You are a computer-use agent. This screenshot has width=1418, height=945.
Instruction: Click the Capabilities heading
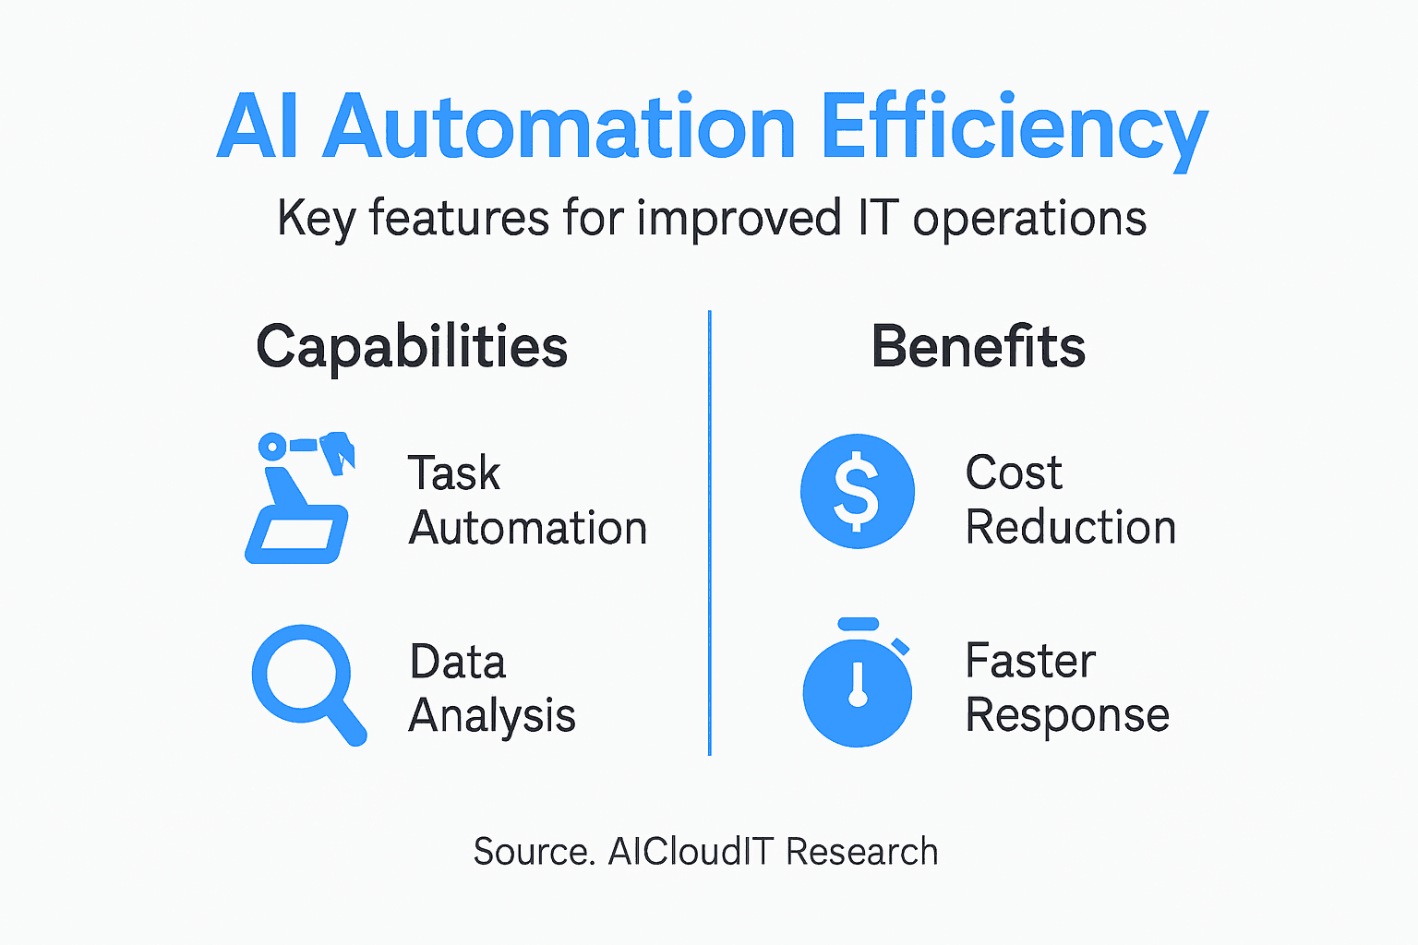[412, 347]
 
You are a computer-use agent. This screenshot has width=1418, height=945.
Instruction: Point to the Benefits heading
[978, 347]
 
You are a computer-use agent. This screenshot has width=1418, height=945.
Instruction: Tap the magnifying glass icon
[307, 684]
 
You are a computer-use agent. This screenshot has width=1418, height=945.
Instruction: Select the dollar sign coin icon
[858, 491]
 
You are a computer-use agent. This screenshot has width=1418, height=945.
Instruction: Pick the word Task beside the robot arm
[454, 473]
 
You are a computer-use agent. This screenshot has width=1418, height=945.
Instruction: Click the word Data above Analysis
[458, 662]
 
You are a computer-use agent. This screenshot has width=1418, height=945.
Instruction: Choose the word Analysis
[492, 716]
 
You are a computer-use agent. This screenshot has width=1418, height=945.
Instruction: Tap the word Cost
[1014, 473]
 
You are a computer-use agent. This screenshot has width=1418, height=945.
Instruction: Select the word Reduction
[1071, 528]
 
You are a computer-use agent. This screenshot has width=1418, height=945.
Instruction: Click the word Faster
[1030, 662]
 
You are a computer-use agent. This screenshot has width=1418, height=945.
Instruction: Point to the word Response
[1067, 716]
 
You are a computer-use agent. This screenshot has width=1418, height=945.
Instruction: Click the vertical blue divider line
[709, 533]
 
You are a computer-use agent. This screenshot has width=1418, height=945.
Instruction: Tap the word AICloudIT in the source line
[691, 852]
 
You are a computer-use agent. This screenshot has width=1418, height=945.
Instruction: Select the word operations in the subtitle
[1029, 220]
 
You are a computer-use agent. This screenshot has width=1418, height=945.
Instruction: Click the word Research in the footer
[862, 852]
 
